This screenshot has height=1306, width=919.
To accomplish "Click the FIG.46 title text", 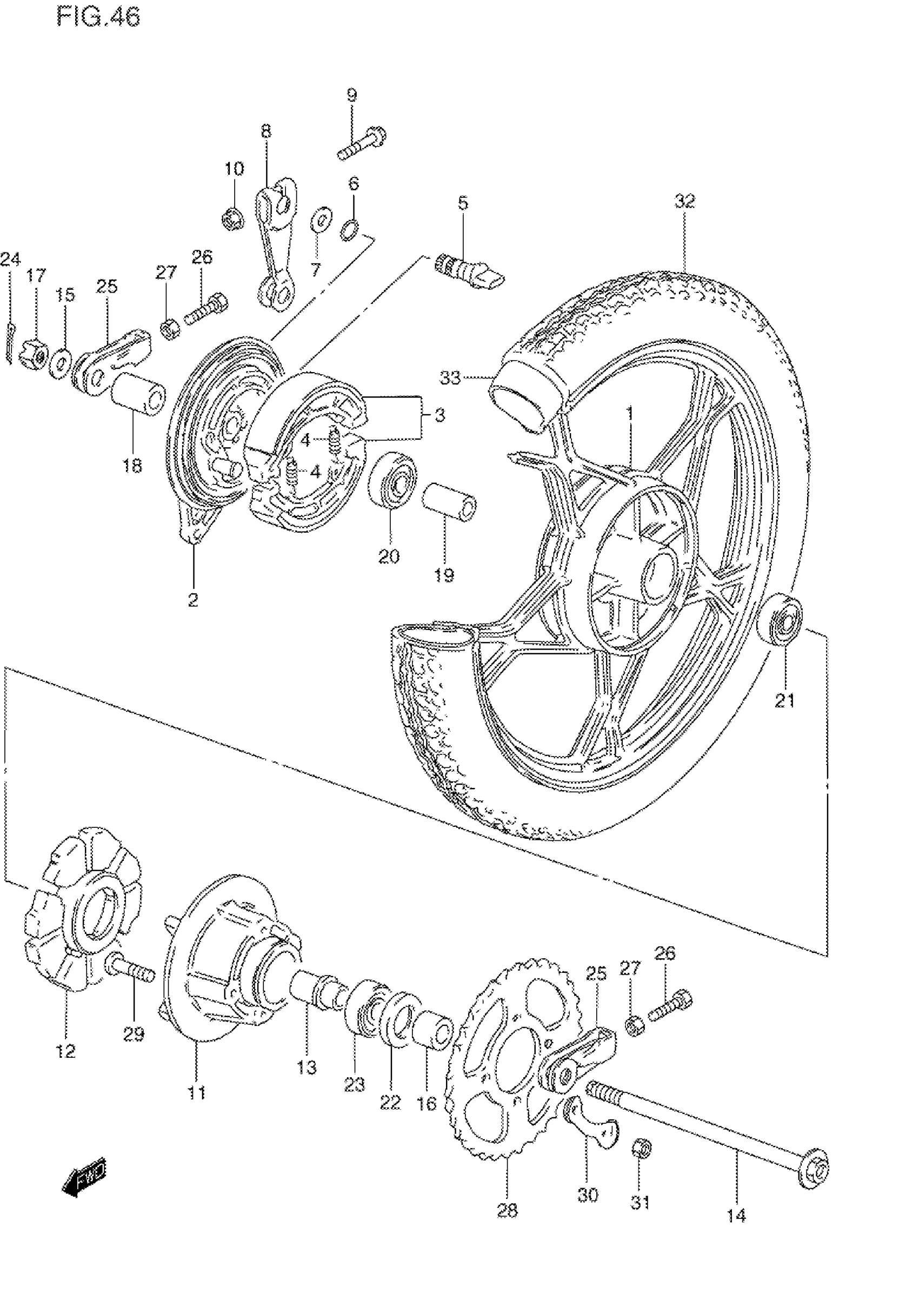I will point(98,18).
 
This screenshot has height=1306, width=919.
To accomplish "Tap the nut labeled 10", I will point(232,216).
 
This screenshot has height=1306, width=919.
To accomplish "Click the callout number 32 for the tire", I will point(685,201).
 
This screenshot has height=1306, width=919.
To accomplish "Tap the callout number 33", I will point(450,377).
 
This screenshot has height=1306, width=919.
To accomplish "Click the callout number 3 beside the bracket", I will point(439,415).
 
